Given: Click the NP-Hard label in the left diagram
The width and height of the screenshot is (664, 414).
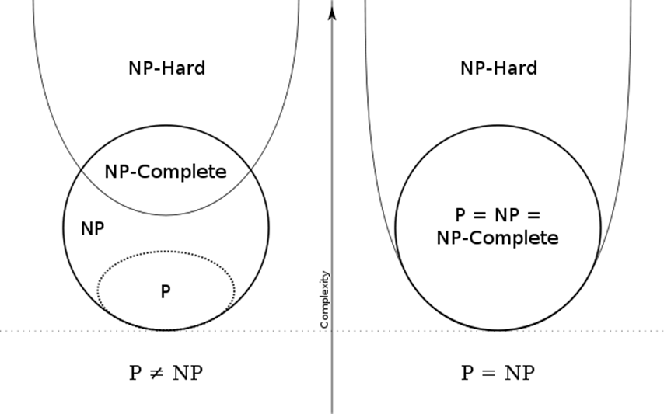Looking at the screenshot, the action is pyautogui.click(x=166, y=68).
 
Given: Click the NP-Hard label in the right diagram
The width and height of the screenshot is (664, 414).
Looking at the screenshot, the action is pyautogui.click(x=498, y=68).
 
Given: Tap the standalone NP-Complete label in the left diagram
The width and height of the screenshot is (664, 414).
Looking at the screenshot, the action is pyautogui.click(x=166, y=172).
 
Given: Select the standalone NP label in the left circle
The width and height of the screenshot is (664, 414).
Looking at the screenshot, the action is pyautogui.click(x=93, y=228).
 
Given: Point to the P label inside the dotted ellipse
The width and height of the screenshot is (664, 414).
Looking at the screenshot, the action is pyautogui.click(x=166, y=292).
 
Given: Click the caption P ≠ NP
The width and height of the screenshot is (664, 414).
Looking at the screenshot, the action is pyautogui.click(x=166, y=374).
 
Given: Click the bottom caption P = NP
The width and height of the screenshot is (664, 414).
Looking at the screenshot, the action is pyautogui.click(x=498, y=374).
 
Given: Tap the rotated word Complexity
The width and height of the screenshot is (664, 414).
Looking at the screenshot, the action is pyautogui.click(x=325, y=299).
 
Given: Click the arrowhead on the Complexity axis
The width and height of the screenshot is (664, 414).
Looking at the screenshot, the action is pyautogui.click(x=332, y=12).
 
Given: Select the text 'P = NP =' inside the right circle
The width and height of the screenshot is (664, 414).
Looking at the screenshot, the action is pyautogui.click(x=498, y=215).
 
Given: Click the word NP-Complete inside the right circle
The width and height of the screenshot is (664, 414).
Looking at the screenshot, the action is pyautogui.click(x=498, y=238).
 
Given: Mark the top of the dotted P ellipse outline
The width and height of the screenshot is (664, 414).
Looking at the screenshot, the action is pyautogui.click(x=166, y=252).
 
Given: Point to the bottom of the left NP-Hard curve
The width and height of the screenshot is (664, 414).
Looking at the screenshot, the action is pyautogui.click(x=166, y=214).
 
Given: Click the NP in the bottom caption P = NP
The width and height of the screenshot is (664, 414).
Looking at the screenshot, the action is pyautogui.click(x=518, y=374).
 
